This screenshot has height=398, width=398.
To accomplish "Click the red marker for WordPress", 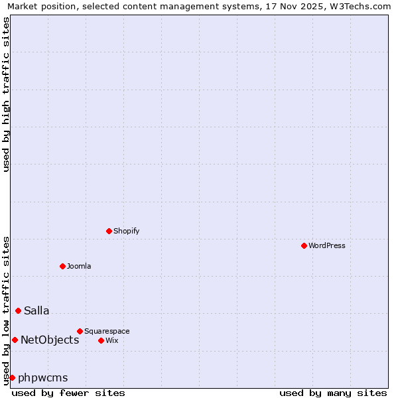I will [304, 245].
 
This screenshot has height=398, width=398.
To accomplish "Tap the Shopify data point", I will [109, 231].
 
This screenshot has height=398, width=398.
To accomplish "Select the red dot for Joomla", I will [62, 266].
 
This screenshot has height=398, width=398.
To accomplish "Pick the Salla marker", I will [18, 310].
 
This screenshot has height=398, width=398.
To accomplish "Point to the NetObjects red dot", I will [15, 340].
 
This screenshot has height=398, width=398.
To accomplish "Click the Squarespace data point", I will [80, 331].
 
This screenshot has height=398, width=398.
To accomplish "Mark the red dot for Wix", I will [101, 340].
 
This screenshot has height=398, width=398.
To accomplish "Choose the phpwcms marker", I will [12, 377].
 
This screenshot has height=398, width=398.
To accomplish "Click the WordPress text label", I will [327, 245].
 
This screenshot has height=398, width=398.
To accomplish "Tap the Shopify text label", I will [126, 231].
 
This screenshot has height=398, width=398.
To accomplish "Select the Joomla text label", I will [79, 266].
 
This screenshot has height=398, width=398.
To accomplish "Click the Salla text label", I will [36, 310].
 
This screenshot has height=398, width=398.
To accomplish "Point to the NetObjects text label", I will [50, 340].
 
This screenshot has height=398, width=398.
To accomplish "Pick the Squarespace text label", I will [107, 331].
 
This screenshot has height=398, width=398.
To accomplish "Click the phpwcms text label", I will [43, 377].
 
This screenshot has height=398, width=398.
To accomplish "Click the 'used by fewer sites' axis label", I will [68, 393].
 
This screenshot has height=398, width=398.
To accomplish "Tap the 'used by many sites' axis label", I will [333, 393].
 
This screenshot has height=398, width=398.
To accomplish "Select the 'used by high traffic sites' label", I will [6, 94].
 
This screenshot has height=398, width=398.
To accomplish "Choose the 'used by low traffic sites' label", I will [6, 310].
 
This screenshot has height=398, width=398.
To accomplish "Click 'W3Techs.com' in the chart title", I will [364, 6].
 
